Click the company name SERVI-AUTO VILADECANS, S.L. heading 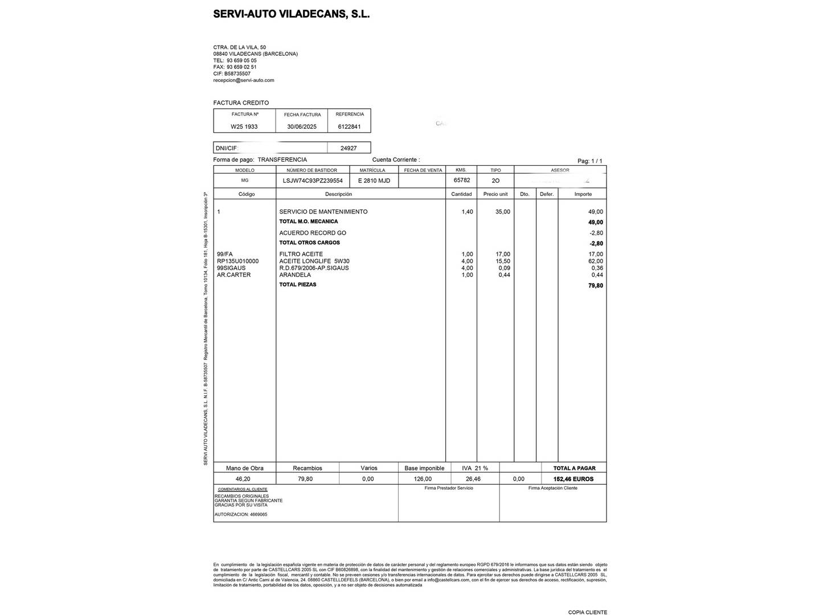coord(291,14)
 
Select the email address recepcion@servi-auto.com coord(244,80)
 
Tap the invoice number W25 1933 coord(244,126)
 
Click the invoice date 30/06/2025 coord(302,126)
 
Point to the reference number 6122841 coord(349,126)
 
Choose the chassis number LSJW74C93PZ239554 coord(313,181)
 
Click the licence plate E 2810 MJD coord(374,181)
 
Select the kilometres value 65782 coord(462,180)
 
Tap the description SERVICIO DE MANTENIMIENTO coord(323,212)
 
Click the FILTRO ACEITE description coord(301,254)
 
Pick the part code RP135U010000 coord(237,261)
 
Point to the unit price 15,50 coord(503,261)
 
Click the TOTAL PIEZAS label coord(297,285)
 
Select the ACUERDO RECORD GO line coord(312,233)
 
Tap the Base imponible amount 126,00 coord(423,479)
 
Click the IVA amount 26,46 coord(473,479)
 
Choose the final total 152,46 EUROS coord(573,479)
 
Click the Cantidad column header coord(461,194)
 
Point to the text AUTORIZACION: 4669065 coord(240,515)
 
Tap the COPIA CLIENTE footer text coord(587,612)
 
